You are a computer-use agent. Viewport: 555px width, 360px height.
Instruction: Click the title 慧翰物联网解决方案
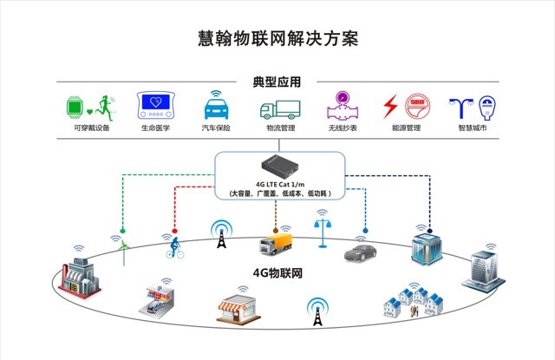pyautogui.click(x=277, y=39)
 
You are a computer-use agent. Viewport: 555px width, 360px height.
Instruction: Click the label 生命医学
pyautogui.click(x=156, y=128)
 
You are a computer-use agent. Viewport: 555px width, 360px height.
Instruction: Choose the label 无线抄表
pyautogui.click(x=339, y=128)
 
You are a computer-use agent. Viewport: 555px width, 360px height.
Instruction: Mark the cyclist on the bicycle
pyautogui.click(x=173, y=247)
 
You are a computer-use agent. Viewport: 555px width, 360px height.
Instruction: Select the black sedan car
pyautogui.click(x=361, y=253)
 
